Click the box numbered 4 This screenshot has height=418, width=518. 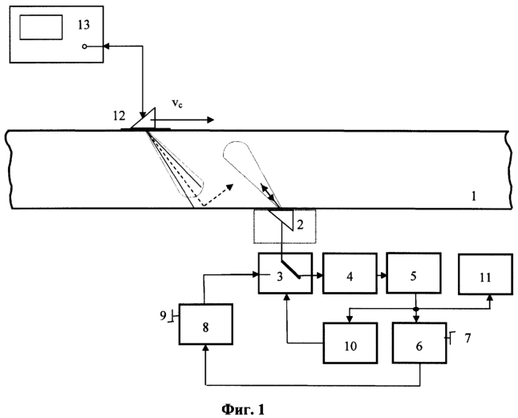point(350,274)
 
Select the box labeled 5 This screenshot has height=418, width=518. point(414,273)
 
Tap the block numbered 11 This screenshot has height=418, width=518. point(485,274)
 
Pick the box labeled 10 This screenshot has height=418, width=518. point(350,343)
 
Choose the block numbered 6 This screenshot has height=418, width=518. point(419,343)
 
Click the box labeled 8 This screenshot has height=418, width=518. point(206,324)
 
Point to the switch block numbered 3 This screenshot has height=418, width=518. point(285,274)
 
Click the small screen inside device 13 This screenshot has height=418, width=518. point(41,27)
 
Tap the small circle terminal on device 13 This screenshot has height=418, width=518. point(84,47)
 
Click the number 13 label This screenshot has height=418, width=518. point(83,25)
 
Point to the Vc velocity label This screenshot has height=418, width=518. point(177,103)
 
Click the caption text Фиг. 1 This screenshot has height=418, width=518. point(243,409)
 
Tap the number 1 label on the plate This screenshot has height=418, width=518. point(474,197)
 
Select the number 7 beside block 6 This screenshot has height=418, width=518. point(467,338)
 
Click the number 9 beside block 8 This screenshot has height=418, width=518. point(163,316)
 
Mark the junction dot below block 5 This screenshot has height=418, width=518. point(416,309)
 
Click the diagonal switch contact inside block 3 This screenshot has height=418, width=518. point(291,270)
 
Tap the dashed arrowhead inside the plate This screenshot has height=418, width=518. point(230,187)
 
